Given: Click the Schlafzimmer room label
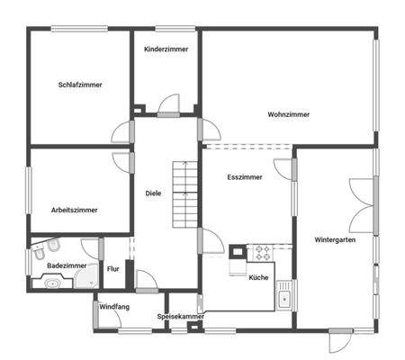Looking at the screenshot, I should point(80,85).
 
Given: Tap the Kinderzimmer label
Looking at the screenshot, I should point(166,49).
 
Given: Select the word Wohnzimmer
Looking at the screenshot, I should point(288,114).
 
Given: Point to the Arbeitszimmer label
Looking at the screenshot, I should point(75,210).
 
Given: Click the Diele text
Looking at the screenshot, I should point(153,193).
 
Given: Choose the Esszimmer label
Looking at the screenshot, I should point(245,177).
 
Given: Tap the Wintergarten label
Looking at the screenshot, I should point(334,240).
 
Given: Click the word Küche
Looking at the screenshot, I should point(259,277).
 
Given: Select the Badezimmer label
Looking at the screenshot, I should point(67,266).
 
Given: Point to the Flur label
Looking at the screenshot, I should point(113,269).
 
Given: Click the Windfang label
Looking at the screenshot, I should point(114,307).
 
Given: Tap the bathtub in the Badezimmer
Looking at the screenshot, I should point(52,283).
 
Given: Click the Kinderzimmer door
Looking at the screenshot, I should point(168,105).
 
